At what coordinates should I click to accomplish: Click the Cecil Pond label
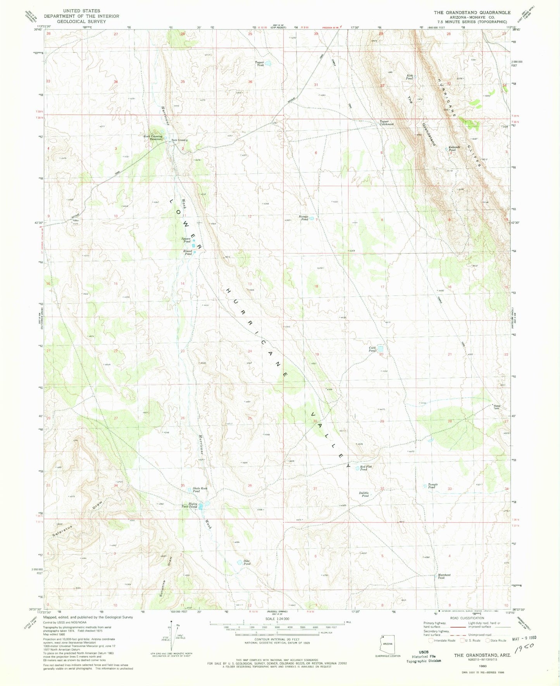tap(372, 349)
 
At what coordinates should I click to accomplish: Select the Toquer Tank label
tap(259, 64)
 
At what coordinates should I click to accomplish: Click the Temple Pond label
tap(432, 486)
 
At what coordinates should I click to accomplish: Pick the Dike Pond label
tap(247, 562)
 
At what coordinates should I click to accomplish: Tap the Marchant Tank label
tap(444, 576)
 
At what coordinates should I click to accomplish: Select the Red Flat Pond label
tap(366, 468)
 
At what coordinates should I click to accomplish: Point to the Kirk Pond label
tap(409, 77)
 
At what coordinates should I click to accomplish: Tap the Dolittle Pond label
tap(364, 494)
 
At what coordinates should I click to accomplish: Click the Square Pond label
tap(186, 240)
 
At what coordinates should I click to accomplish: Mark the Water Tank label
tap(496, 407)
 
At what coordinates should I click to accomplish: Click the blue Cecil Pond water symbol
tap(381, 348)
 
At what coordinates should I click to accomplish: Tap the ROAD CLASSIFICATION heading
tap(467, 618)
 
